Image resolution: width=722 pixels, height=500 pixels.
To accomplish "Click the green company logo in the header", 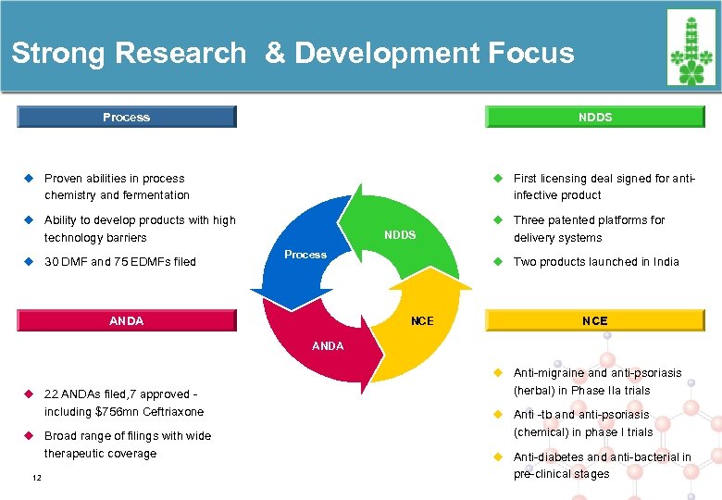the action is point(691,48).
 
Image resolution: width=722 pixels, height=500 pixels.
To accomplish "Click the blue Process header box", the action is point(127,117).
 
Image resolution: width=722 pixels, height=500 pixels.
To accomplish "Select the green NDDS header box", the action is point(595,117).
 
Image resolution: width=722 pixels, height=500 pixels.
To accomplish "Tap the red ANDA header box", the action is point(127,321).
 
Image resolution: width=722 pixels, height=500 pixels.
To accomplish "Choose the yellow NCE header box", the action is point(595,321).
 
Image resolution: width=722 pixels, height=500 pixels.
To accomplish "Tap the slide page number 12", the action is point(36,477).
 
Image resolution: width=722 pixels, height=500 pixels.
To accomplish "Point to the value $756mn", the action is point(116,411).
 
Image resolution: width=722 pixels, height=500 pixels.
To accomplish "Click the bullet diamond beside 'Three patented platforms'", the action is point(497,220).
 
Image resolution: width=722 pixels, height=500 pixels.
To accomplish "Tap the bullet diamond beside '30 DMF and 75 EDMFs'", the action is point(29,261).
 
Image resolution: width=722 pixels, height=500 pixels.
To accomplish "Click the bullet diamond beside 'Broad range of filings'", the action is point(29,435).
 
